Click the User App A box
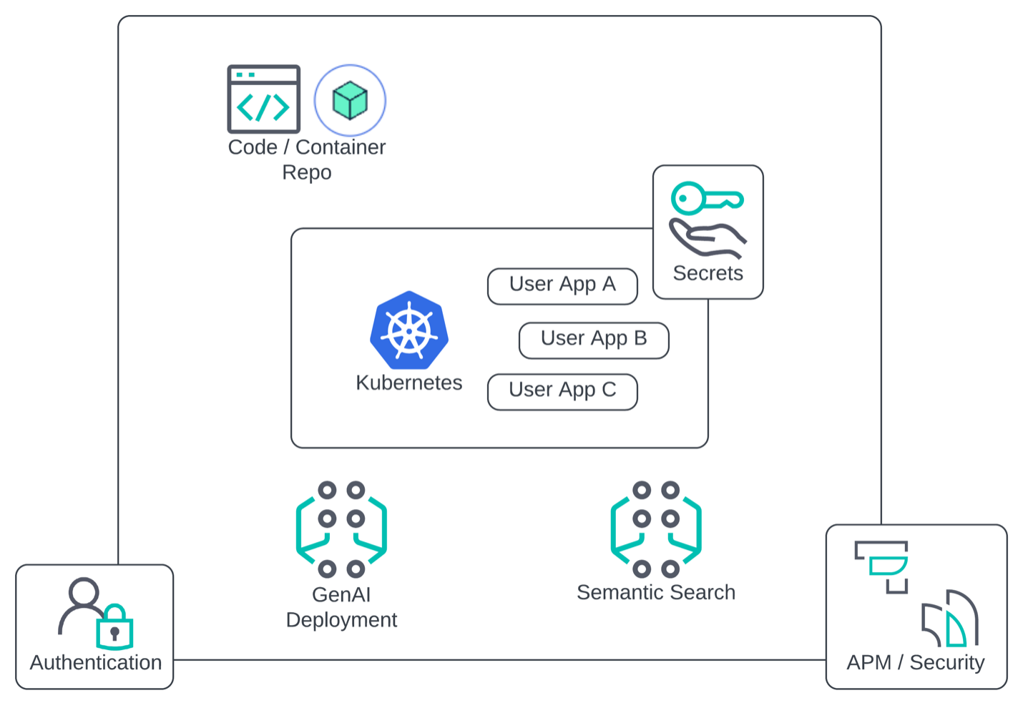(x=562, y=286)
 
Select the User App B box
(x=594, y=340)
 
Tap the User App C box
(x=562, y=391)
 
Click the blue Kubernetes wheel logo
(x=409, y=330)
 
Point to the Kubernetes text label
(x=408, y=383)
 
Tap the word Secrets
(x=708, y=273)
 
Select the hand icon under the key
(x=708, y=238)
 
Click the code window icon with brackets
(x=263, y=99)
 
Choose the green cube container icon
(x=350, y=100)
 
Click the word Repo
(x=306, y=172)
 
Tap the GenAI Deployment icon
(x=341, y=529)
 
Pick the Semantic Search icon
(x=656, y=529)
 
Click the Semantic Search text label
(x=656, y=592)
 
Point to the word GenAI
(x=341, y=594)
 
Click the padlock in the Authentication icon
(x=114, y=627)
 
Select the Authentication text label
(x=96, y=662)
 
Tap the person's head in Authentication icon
(x=84, y=592)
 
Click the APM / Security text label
(x=916, y=662)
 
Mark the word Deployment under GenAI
(x=341, y=620)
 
